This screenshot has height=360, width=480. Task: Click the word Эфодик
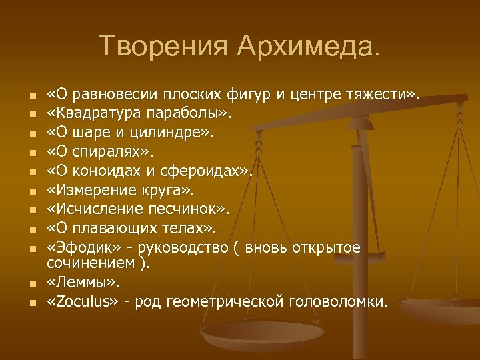click(x=79, y=249)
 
